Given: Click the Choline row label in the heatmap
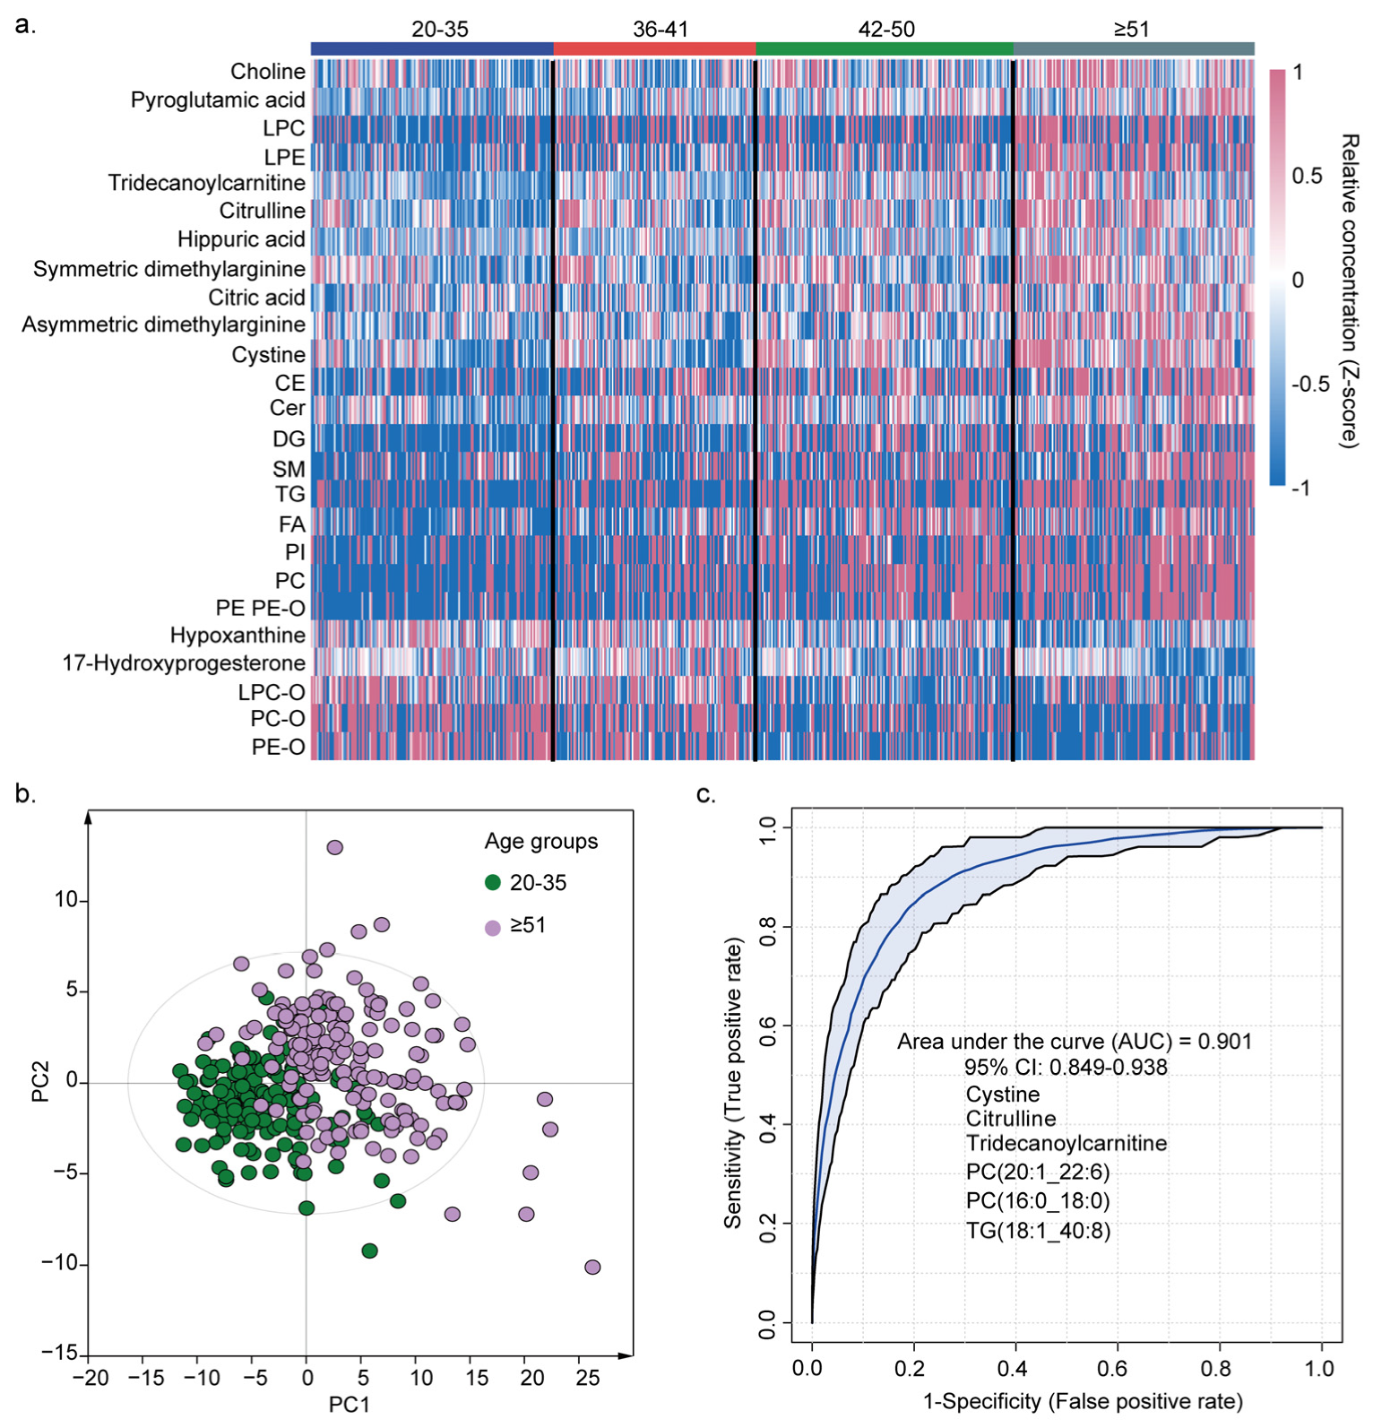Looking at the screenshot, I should pyautogui.click(x=267, y=71).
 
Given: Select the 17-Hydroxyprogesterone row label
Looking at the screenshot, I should pyautogui.click(x=184, y=663).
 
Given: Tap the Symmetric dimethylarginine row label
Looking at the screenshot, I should pyautogui.click(x=169, y=269).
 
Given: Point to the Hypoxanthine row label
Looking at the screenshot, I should pyautogui.click(x=237, y=636).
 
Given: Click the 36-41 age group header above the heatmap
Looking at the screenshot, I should pyautogui.click(x=661, y=29).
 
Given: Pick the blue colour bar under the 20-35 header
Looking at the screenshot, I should pyautogui.click(x=432, y=48).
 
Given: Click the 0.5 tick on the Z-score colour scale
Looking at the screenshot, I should pyautogui.click(x=1307, y=176).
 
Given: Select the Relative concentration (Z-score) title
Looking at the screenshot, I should pyautogui.click(x=1349, y=290).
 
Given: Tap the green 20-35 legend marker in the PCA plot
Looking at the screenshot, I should pyautogui.click(x=492, y=882).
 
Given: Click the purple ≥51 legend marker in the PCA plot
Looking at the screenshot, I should pyautogui.click(x=492, y=927).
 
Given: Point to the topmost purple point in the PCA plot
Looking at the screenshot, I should pyautogui.click(x=334, y=847).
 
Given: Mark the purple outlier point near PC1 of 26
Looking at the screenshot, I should pyautogui.click(x=592, y=1267).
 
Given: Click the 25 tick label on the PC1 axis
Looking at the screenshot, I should pyautogui.click(x=587, y=1378).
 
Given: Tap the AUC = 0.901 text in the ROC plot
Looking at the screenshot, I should pyautogui.click(x=1074, y=1042).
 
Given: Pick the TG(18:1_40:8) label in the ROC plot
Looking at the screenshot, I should pyautogui.click(x=1038, y=1231).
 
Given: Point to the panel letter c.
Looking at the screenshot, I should pyautogui.click(x=705, y=794).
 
